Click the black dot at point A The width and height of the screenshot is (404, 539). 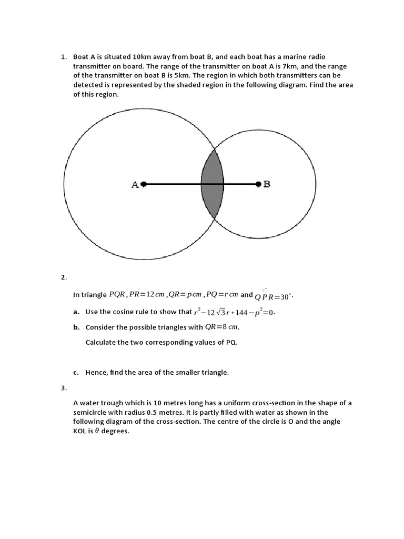[x=144, y=184]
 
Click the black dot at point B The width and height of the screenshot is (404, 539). [x=258, y=184]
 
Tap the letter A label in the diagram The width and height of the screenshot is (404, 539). [x=135, y=185]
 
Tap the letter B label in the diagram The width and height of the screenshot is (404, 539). [x=267, y=184]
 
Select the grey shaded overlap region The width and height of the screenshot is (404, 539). [x=213, y=184]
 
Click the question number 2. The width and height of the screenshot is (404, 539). [x=63, y=277]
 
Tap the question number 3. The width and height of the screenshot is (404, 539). [x=63, y=388]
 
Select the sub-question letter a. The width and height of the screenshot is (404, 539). [x=76, y=312]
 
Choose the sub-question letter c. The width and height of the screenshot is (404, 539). [x=76, y=373]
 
